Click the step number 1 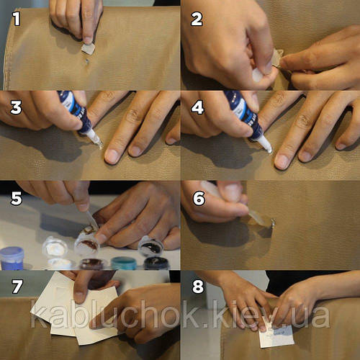[x=17, y=19]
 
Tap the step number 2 [x=197, y=19]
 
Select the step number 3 [x=16, y=107]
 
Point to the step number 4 [x=197, y=107]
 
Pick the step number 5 [x=17, y=198]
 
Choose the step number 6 [x=199, y=198]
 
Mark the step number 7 [x=17, y=286]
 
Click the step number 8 [x=198, y=286]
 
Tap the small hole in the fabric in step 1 [x=87, y=61]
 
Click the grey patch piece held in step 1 [x=88, y=49]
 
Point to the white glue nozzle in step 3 [x=95, y=138]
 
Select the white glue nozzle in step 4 [x=265, y=143]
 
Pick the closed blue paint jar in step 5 [x=12, y=258]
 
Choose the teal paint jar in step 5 [x=124, y=263]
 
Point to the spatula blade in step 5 [x=92, y=220]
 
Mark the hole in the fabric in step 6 [x=273, y=223]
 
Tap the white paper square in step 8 [x=276, y=336]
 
